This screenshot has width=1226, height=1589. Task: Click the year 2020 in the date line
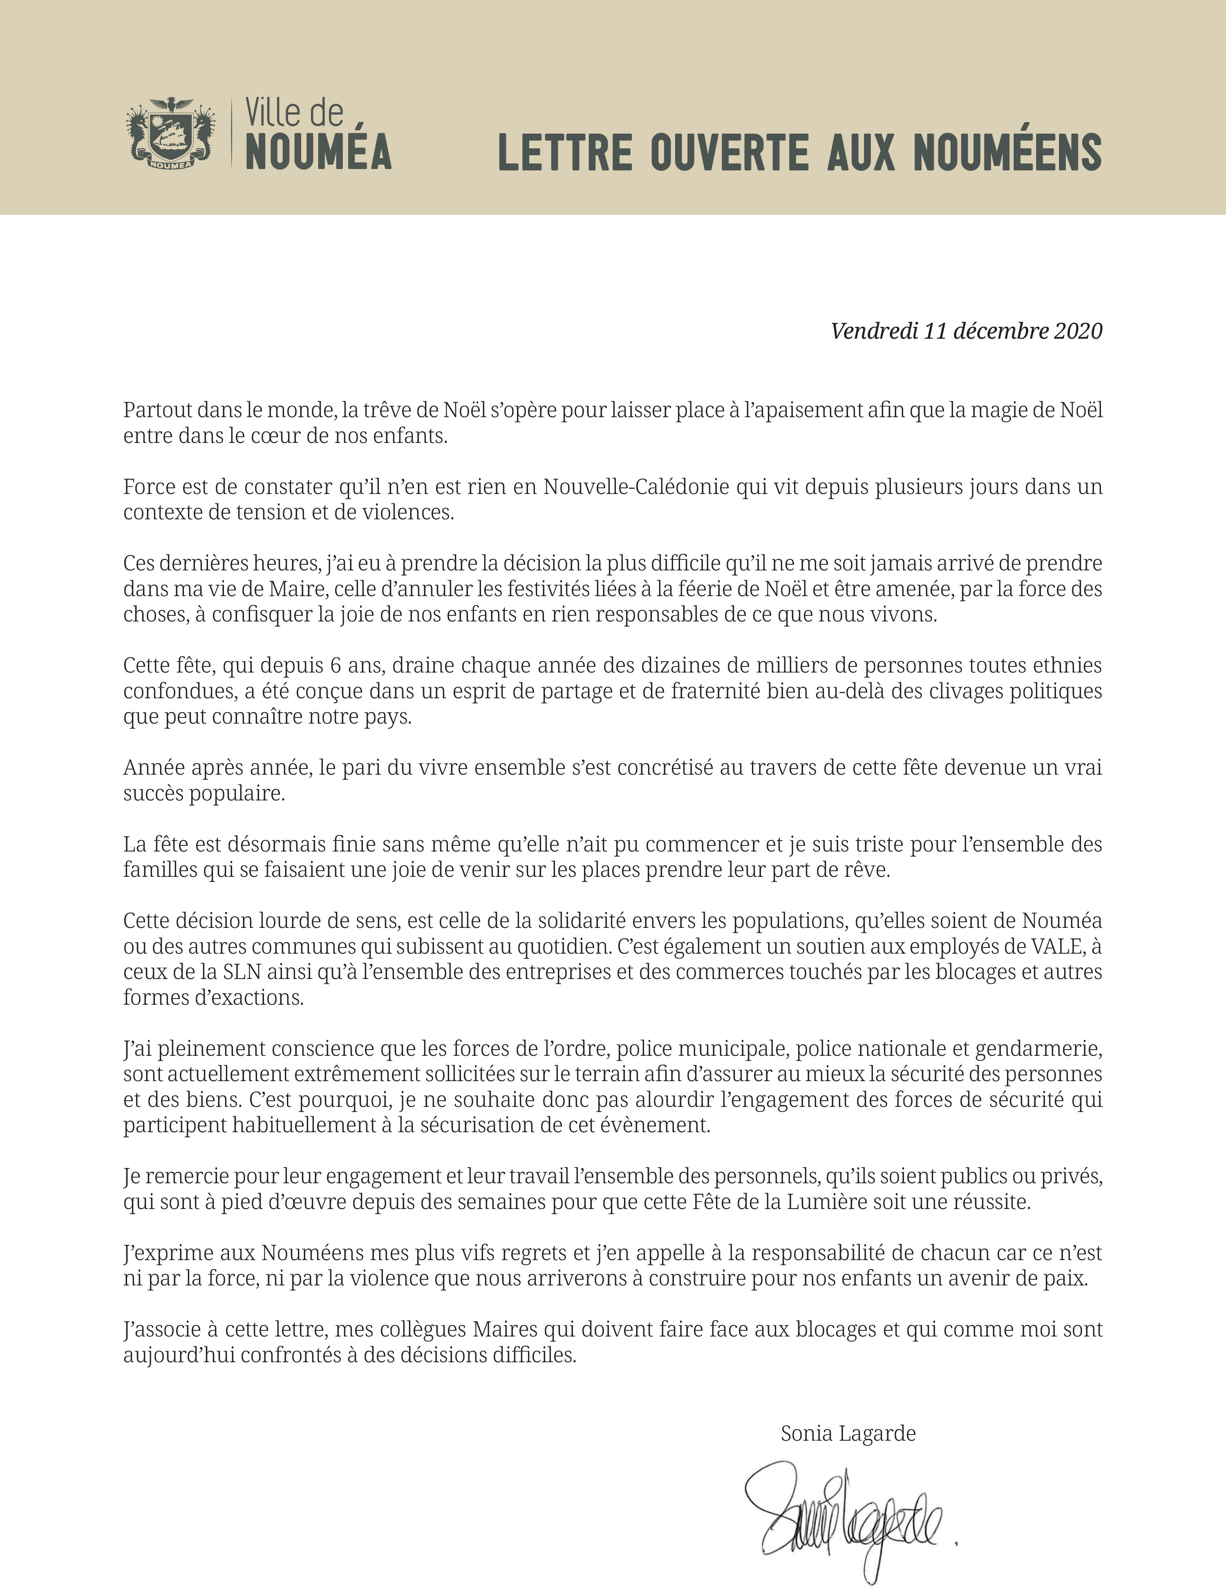tap(1078, 331)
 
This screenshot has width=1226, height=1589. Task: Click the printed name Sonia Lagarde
tap(848, 1433)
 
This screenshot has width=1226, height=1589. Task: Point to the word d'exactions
tap(258, 997)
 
